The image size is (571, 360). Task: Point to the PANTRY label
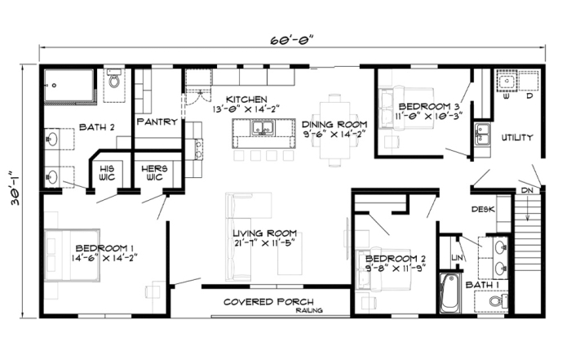click(x=157, y=122)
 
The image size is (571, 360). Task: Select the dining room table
click(x=334, y=129)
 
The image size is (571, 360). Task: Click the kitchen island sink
click(x=262, y=128)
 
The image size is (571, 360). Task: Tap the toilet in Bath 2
click(x=113, y=81)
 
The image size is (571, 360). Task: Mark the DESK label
click(x=483, y=210)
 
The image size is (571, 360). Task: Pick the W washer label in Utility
click(x=507, y=96)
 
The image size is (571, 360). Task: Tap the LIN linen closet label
click(x=456, y=259)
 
